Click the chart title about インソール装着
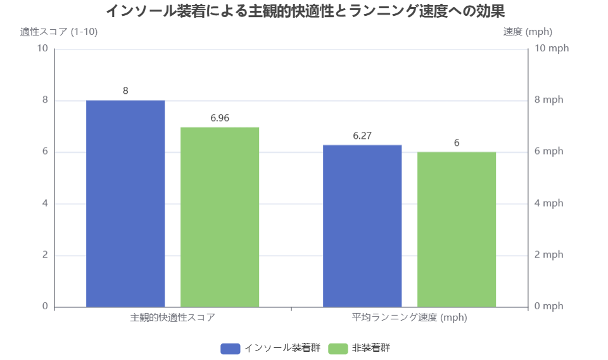pos(305,11)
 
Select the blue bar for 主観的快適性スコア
pos(125,203)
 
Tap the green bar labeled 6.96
pos(220,217)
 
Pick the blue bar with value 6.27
pos(362,226)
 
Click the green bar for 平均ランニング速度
pos(457,229)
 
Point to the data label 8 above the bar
pos(125,91)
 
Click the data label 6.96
pos(220,118)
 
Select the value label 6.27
pos(362,136)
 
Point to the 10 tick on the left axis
pos(43,49)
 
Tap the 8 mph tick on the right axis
pos(548,100)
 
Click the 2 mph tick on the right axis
pos(548,255)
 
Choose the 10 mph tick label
pos(551,49)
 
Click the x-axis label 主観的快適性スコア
pos(173,318)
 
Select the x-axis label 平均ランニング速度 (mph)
pos(410,318)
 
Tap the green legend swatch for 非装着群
pos(339,348)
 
